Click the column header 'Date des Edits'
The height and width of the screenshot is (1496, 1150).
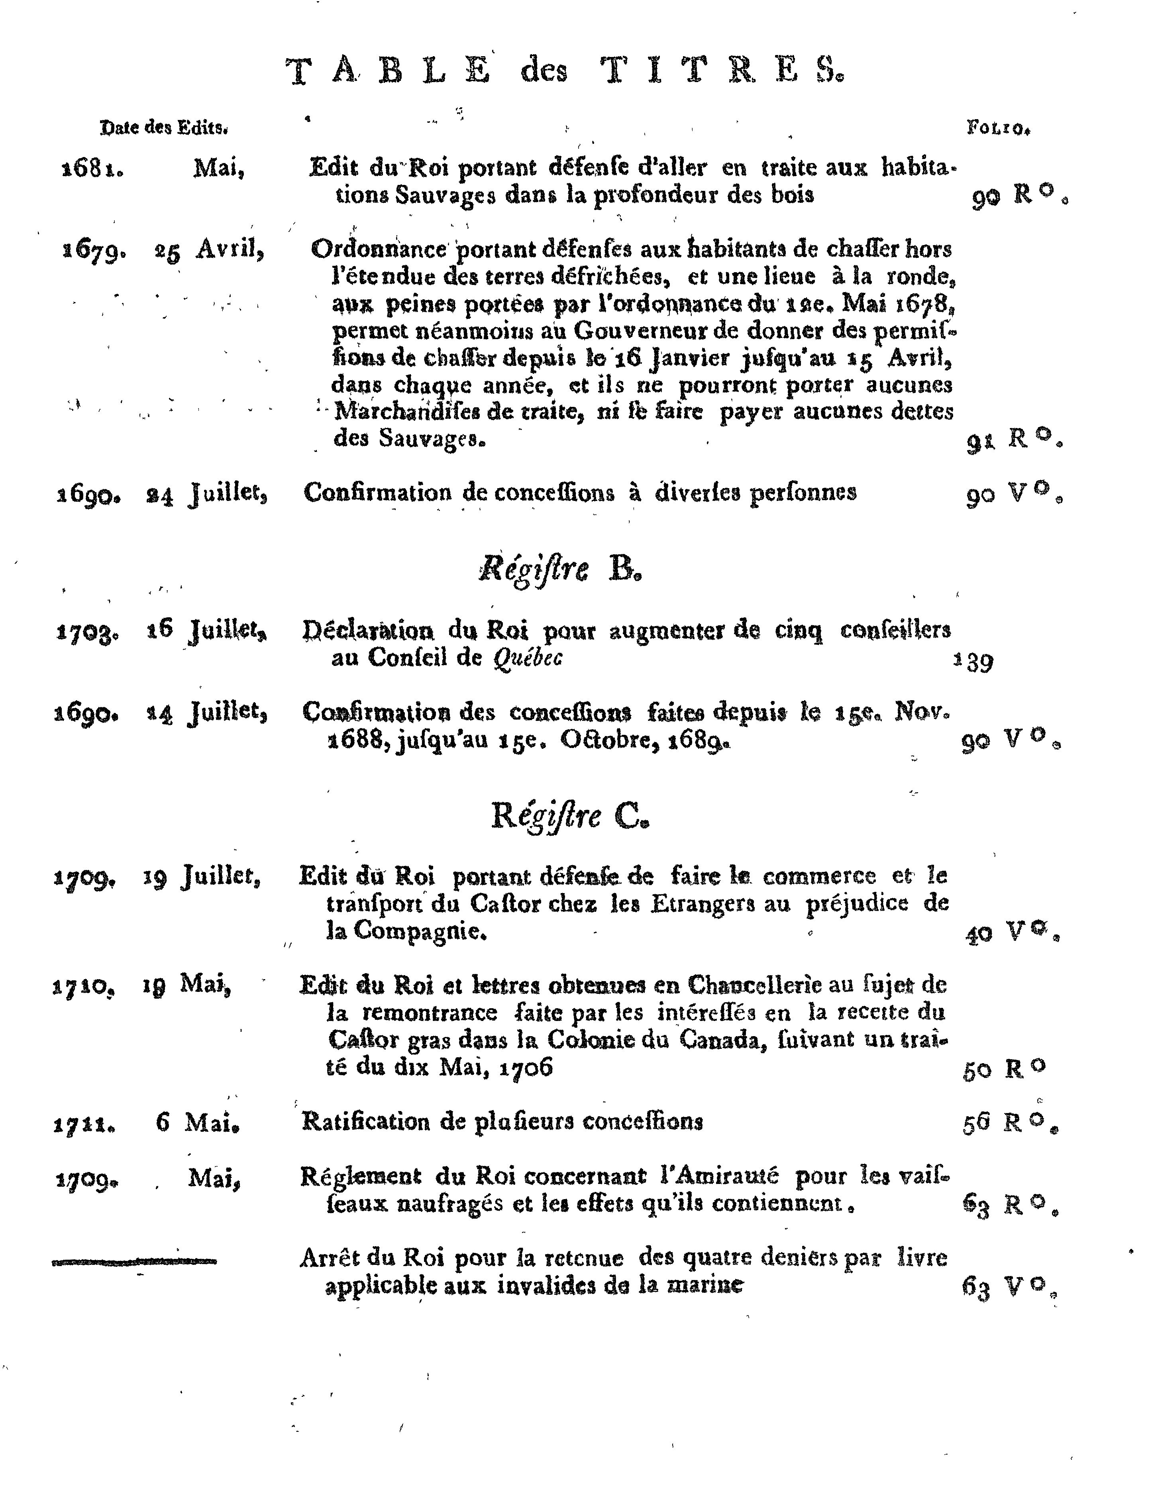click(x=164, y=128)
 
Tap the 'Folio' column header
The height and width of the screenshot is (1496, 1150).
click(x=998, y=128)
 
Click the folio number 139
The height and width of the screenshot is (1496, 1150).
click(x=973, y=662)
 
